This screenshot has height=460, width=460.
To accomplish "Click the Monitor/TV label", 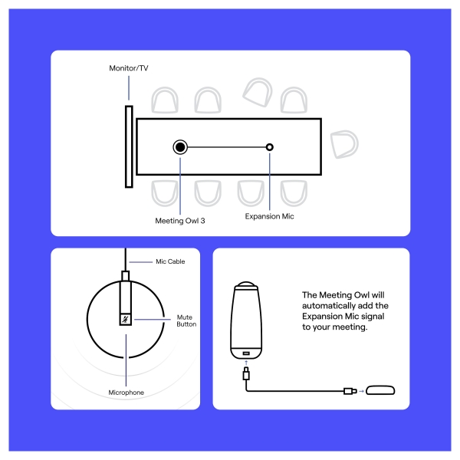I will pyautogui.click(x=128, y=69).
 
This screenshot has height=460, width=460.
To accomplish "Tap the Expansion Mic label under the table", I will pyautogui.click(x=269, y=217).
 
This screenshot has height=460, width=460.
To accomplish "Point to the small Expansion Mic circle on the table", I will pyautogui.click(x=269, y=146).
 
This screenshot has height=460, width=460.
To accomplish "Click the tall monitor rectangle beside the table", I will pyautogui.click(x=128, y=146).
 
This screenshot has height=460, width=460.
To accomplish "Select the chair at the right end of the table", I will pyautogui.click(x=345, y=143).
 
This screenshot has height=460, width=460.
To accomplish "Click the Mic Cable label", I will pyautogui.click(x=170, y=261).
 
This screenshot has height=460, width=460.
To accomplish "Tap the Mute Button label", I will pyautogui.click(x=186, y=320).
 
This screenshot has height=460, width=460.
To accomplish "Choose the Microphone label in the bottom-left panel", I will pyautogui.click(x=126, y=393).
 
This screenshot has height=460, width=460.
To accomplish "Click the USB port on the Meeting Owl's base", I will pyautogui.click(x=248, y=353).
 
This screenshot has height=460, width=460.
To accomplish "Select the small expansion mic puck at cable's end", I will pyautogui.click(x=380, y=391).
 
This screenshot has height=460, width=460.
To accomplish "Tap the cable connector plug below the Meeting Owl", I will pyautogui.click(x=245, y=376).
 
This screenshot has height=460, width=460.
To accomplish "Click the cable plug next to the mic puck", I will pyautogui.click(x=349, y=391).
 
